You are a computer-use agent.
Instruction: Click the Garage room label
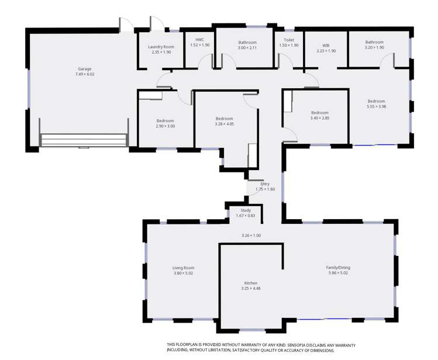pyautogui.click(x=85, y=69)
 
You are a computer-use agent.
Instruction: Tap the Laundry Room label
pyautogui.click(x=161, y=47)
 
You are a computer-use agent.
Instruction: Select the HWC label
pyautogui.click(x=200, y=40)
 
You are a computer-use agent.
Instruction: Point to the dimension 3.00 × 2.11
pyautogui.click(x=247, y=48)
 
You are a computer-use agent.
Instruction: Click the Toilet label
pyautogui.click(x=289, y=40)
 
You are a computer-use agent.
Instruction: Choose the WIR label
pyautogui.click(x=326, y=46)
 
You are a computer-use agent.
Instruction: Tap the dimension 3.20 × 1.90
pyautogui.click(x=374, y=47)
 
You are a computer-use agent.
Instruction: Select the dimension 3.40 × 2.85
pyautogui.click(x=320, y=118)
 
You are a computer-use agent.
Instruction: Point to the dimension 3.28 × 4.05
pyautogui.click(x=225, y=124)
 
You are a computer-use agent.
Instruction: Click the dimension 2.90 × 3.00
pyautogui.click(x=165, y=126)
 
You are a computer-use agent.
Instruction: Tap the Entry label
pyautogui.click(x=265, y=184)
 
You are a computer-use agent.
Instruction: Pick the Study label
pyautogui.click(x=246, y=210)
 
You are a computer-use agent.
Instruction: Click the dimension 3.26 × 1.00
pyautogui.click(x=251, y=236)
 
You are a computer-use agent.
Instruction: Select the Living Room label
pyautogui.click(x=183, y=268)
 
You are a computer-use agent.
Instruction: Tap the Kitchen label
pyautogui.click(x=251, y=283)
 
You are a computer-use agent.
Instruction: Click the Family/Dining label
pyautogui.click(x=338, y=267)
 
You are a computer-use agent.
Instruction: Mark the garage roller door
pyautogui.click(x=84, y=140)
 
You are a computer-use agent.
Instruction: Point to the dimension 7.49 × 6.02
pyautogui.click(x=85, y=74)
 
